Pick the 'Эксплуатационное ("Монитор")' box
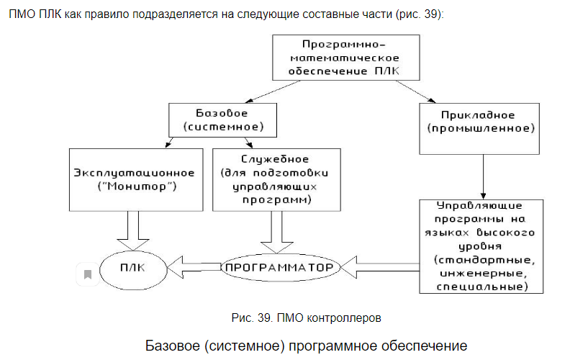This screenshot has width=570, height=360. pos(135,179)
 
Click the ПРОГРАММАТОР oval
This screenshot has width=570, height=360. pos(279,268)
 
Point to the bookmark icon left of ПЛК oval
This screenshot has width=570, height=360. pos(87,274)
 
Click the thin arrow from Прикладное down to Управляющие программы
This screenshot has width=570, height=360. pos(483,176)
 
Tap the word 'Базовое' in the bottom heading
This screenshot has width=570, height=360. pos(173,343)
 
